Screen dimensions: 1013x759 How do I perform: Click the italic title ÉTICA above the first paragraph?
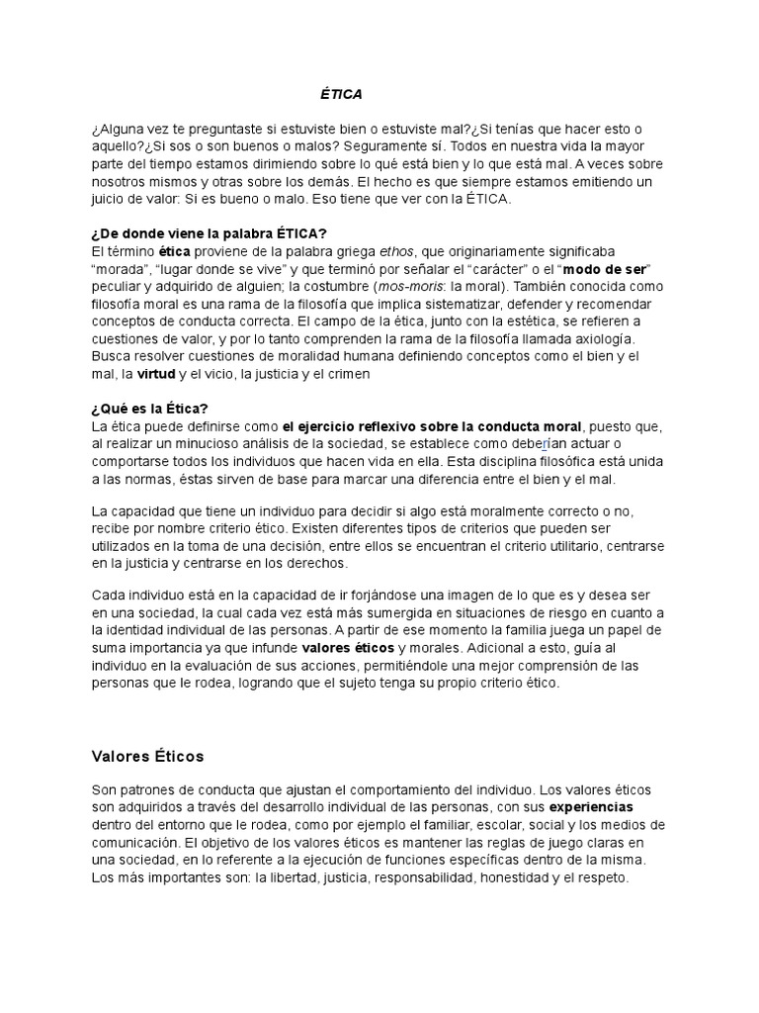(x=341, y=94)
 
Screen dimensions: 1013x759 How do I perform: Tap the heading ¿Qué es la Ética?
(x=149, y=408)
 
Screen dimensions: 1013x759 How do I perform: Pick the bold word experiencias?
(x=591, y=807)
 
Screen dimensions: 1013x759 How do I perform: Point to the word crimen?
(x=352, y=374)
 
